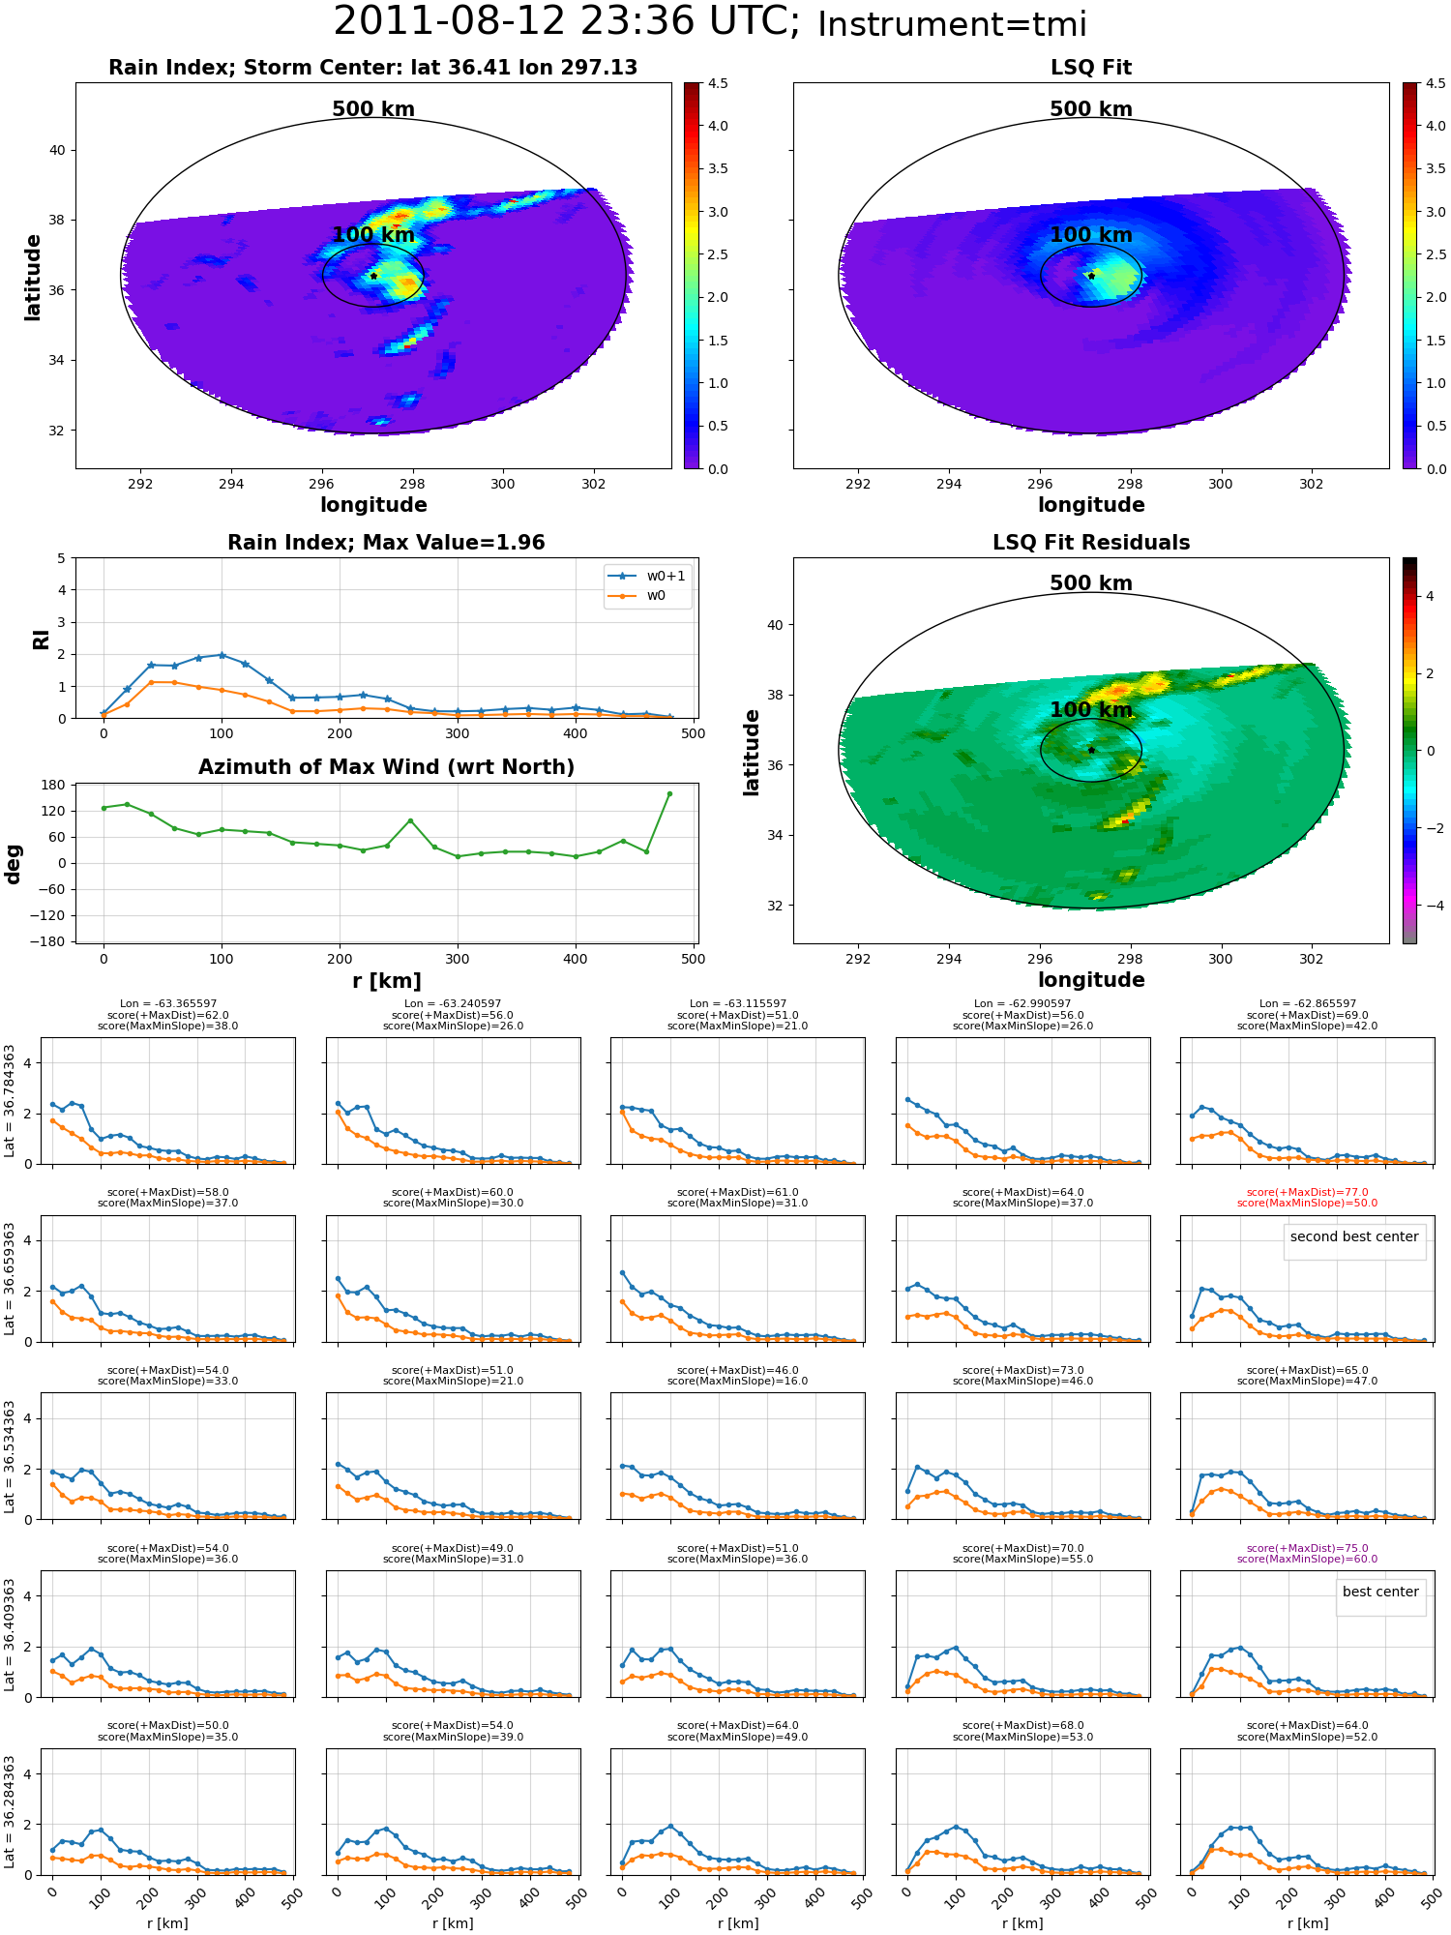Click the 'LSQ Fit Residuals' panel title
tap(1091, 543)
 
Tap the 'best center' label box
tap(1380, 1592)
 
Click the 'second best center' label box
tap(1354, 1236)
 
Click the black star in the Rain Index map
tap(373, 276)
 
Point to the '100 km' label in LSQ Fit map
tap(1091, 235)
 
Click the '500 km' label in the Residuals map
tap(1091, 583)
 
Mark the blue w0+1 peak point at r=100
tap(222, 655)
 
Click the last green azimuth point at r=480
tap(669, 794)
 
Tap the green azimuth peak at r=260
tap(410, 820)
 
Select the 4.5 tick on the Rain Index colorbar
tap(718, 83)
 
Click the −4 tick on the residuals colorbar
tap(1430, 906)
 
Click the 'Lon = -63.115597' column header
tap(738, 1004)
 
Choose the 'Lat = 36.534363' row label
tap(10, 1456)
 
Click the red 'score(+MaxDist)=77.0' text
tap(1307, 1193)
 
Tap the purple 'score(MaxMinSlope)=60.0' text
tap(1307, 1559)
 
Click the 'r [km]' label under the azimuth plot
tap(387, 981)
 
